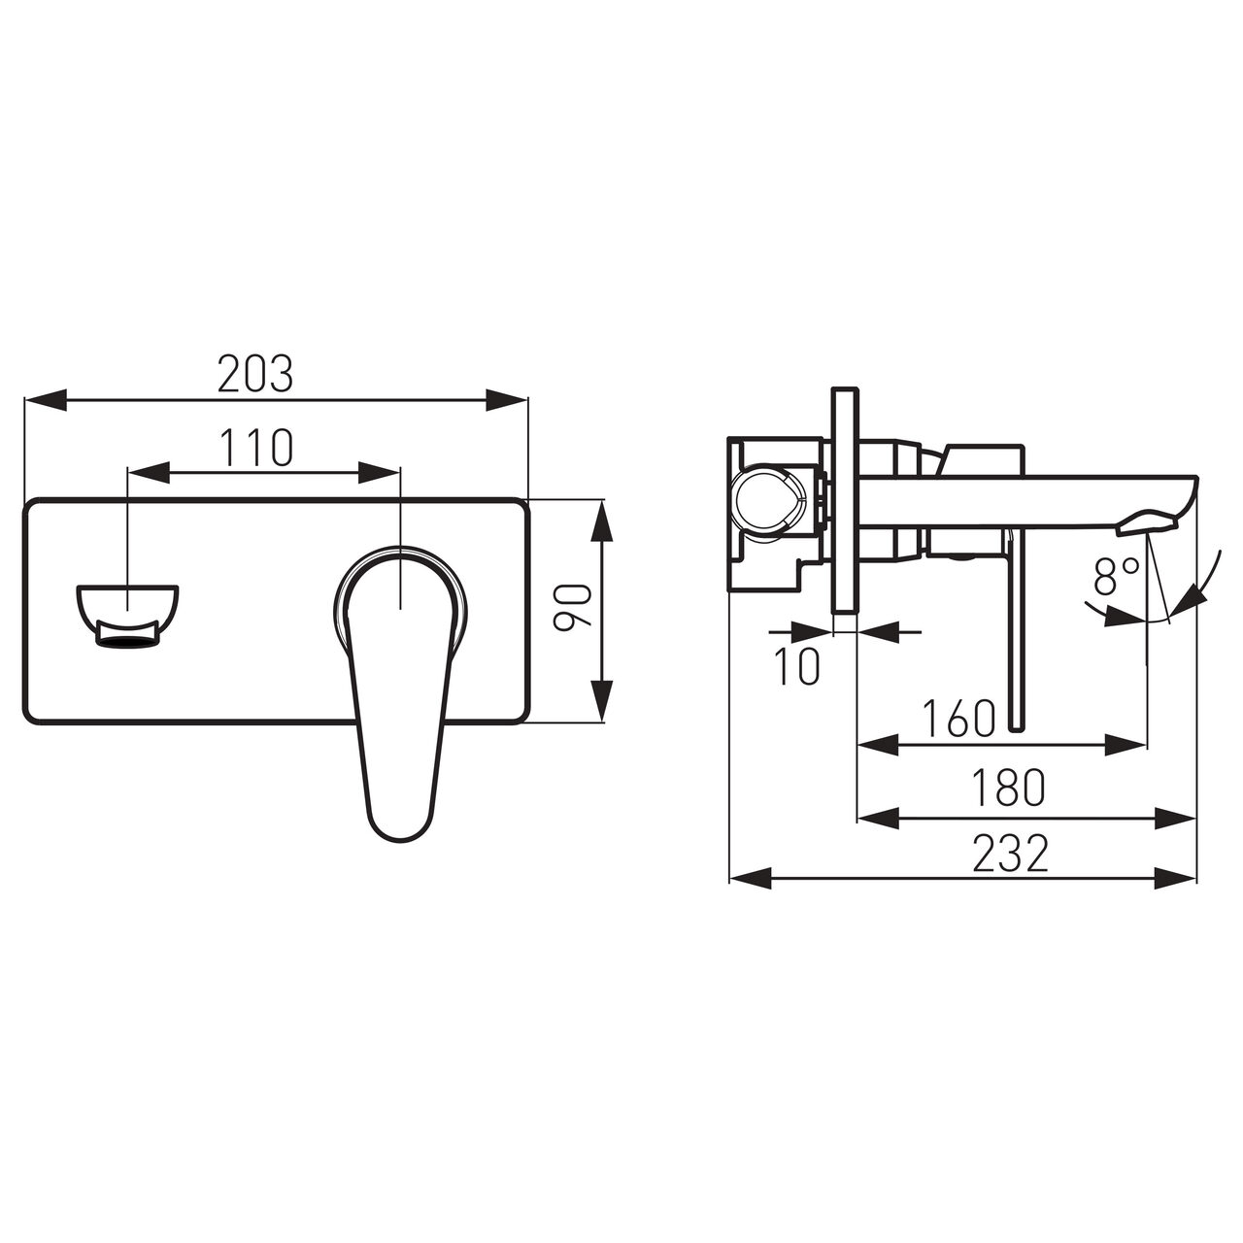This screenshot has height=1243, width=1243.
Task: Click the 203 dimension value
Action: click(x=254, y=374)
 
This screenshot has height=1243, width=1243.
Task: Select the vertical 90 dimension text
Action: click(x=572, y=606)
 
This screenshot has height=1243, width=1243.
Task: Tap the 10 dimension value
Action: click(x=797, y=666)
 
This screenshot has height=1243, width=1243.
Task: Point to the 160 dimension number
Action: click(x=959, y=718)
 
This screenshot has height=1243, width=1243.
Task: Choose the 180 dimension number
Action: click(x=1009, y=788)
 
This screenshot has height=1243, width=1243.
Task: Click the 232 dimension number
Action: click(x=1011, y=854)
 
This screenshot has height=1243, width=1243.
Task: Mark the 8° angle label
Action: click(x=1116, y=577)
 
